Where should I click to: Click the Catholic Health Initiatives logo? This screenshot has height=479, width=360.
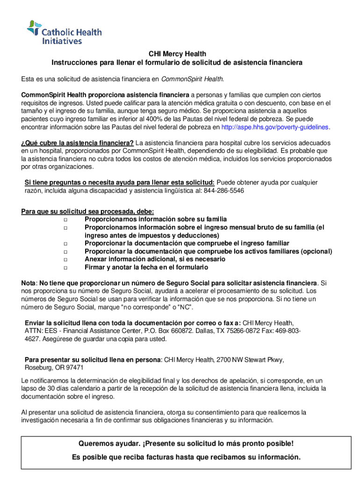pos(64,32)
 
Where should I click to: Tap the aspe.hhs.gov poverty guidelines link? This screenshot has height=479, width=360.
pos(275,127)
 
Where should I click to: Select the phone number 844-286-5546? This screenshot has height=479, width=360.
pos(223,191)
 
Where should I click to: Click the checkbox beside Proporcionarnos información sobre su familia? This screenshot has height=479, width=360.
pos(65,219)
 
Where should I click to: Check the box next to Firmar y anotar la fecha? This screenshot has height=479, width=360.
pos(65,268)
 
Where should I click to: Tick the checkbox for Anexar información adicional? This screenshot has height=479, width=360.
pos(65,260)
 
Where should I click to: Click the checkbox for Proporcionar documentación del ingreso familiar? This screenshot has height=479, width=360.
pos(65,244)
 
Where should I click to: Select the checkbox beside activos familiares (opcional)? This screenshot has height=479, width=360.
pos(65,252)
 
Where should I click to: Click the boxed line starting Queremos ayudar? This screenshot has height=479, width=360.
pos(186,443)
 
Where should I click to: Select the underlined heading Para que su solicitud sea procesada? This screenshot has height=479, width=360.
pos(87,211)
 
